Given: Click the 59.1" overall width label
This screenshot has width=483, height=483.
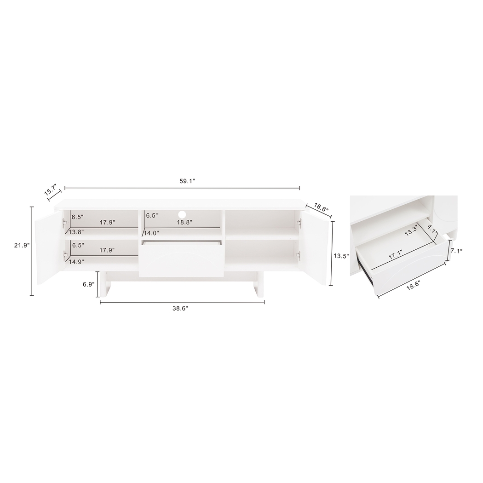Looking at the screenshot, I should [187, 181].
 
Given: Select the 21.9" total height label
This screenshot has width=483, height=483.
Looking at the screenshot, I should [22, 245].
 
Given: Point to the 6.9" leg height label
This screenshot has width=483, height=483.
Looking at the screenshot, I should [87, 284].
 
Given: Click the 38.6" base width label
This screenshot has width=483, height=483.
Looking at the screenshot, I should [180, 309].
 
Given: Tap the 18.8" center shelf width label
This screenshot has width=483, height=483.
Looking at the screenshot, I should [184, 222].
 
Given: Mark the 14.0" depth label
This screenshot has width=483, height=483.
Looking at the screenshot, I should [152, 233].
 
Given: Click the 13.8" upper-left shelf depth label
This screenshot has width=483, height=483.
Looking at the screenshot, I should [77, 233].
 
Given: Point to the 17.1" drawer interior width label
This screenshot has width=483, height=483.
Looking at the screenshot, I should [394, 255].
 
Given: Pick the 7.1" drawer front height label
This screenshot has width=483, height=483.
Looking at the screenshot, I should [457, 251].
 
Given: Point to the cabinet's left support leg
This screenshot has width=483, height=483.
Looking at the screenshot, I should [105, 284].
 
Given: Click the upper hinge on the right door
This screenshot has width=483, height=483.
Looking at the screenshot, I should [299, 223].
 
